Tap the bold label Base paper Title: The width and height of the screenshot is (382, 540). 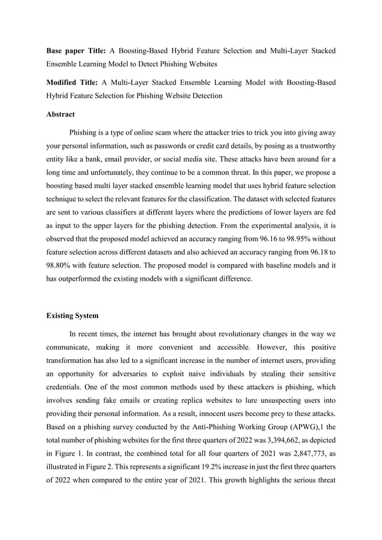[x=76, y=51]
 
